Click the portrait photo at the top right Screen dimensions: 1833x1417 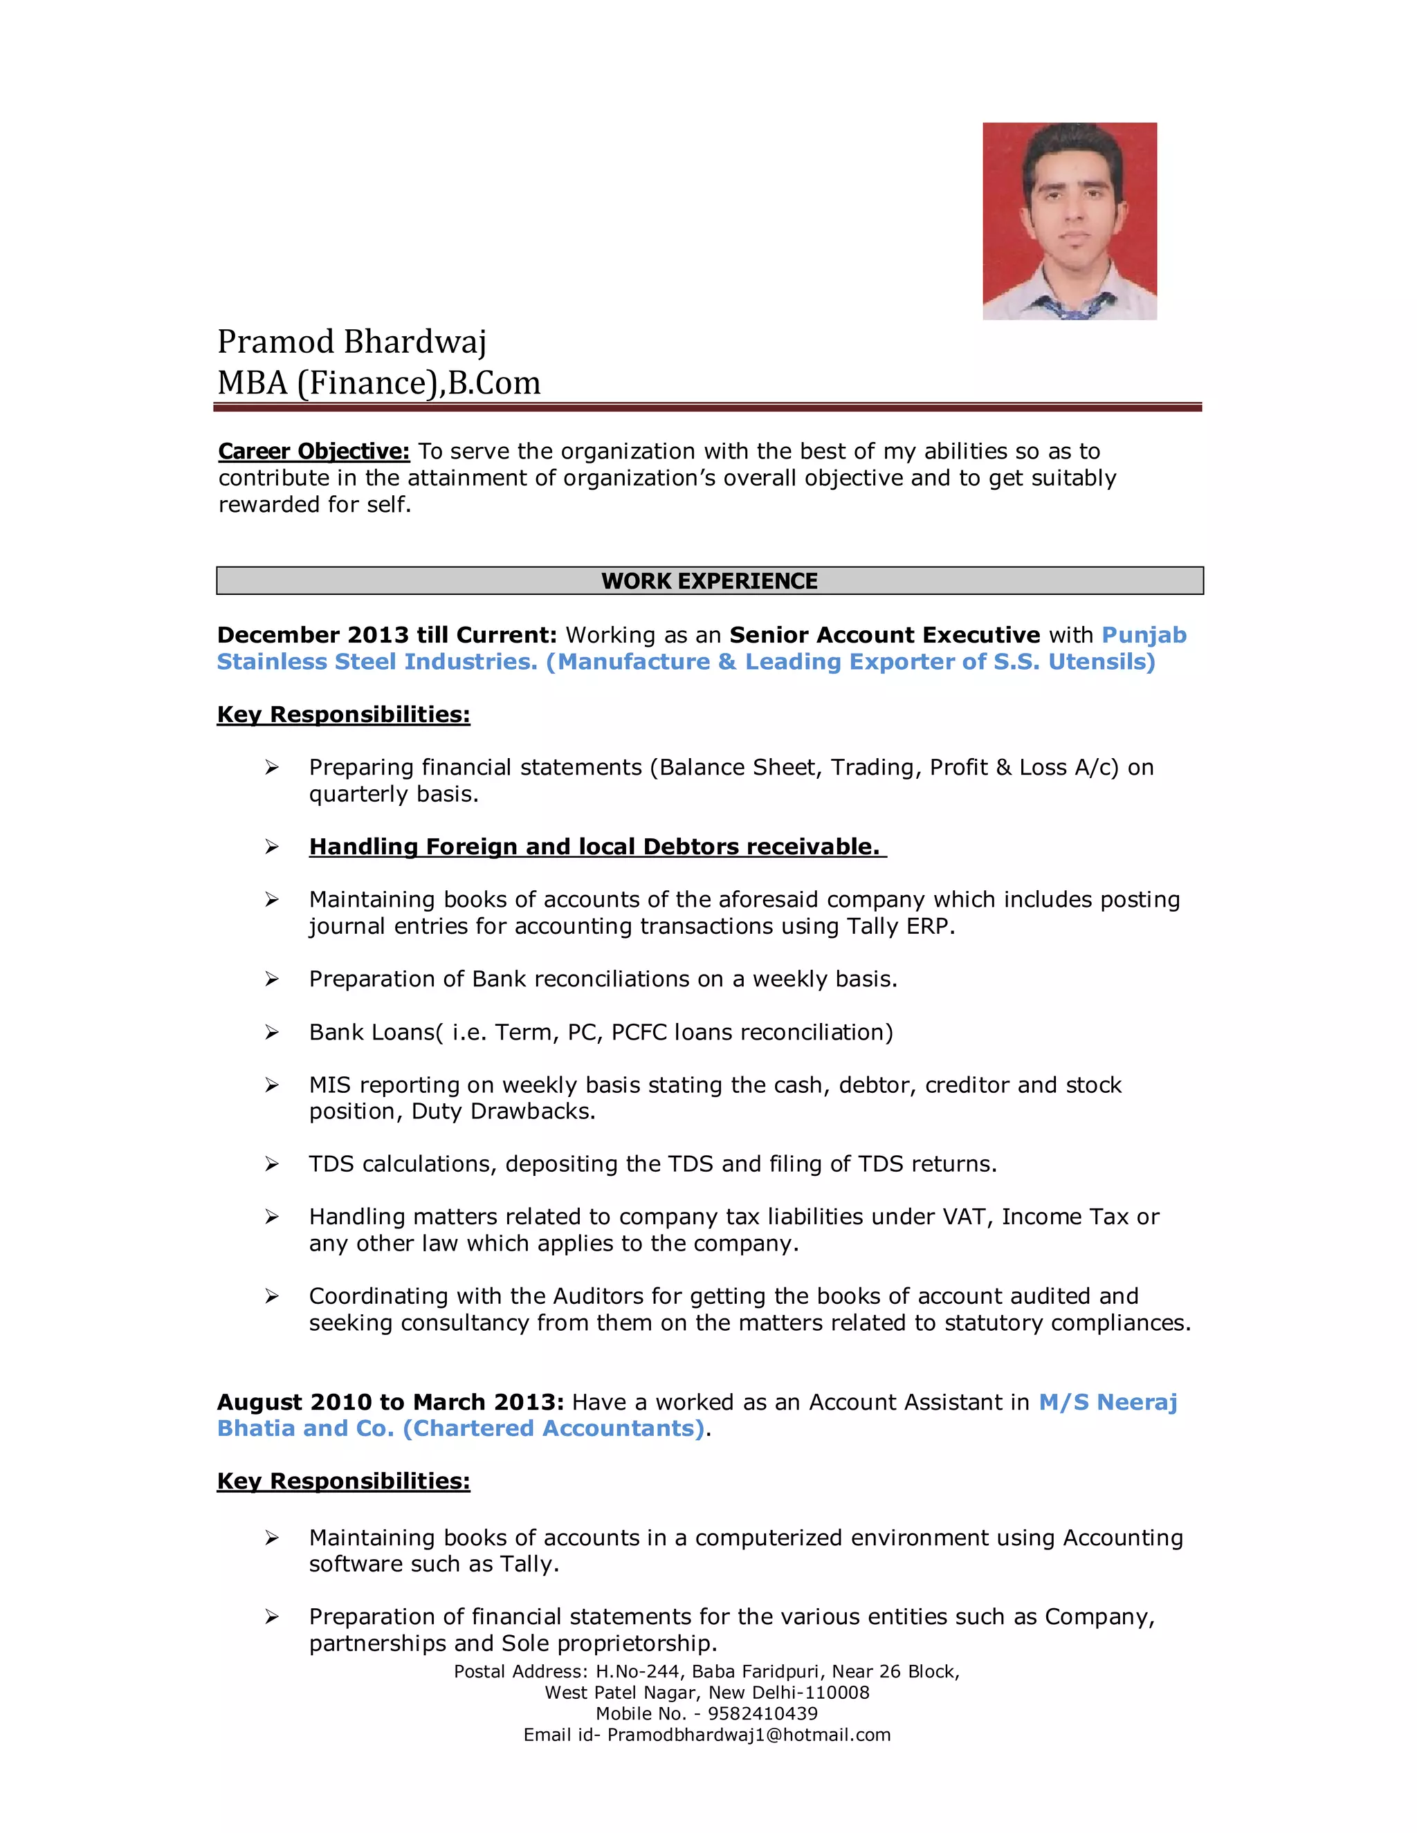tap(1070, 221)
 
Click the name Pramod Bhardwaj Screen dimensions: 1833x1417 tap(351, 342)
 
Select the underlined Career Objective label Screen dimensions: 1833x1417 tap(314, 452)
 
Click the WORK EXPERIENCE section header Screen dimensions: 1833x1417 tap(709, 581)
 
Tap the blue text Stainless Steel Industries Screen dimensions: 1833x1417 tap(377, 661)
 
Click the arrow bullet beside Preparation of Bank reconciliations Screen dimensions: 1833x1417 tap(272, 979)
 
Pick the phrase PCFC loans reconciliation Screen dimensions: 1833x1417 tap(751, 1031)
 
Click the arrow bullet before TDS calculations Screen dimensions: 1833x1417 tap(272, 1164)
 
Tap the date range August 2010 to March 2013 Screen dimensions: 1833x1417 tap(390, 1403)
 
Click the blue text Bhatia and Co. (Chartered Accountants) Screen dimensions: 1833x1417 tap(461, 1428)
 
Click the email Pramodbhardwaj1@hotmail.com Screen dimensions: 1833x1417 tap(749, 1734)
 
